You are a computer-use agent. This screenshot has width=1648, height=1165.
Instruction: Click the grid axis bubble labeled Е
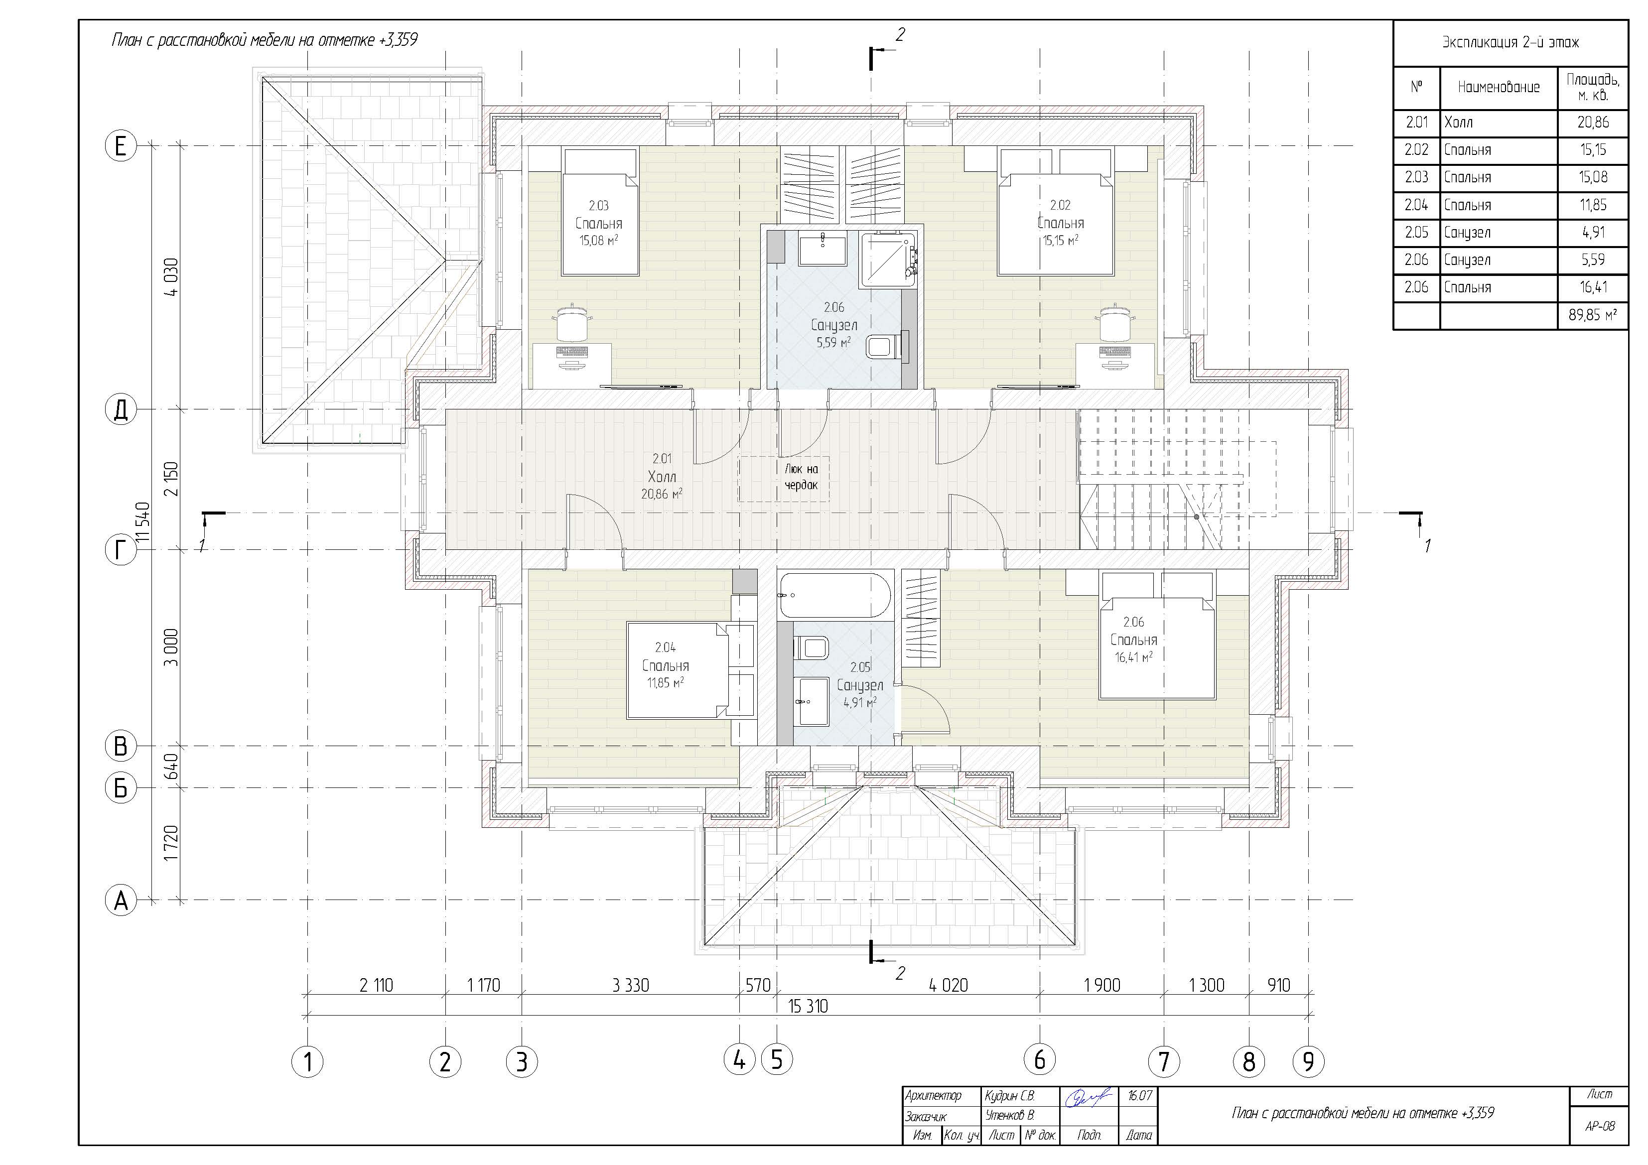click(121, 146)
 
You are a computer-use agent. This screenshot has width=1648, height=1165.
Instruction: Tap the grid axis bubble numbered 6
click(1039, 1059)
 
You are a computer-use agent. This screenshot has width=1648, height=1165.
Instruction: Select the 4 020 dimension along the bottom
click(948, 985)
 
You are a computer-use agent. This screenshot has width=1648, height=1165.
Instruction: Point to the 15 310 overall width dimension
click(808, 1007)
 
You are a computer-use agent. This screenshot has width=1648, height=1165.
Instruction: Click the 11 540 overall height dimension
click(143, 525)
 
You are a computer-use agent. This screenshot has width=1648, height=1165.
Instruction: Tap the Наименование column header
click(1499, 88)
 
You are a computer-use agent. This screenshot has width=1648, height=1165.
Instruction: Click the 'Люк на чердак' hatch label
click(801, 477)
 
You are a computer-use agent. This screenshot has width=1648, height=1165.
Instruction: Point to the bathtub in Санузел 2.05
click(835, 595)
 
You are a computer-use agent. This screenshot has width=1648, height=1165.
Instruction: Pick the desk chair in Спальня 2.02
click(1112, 322)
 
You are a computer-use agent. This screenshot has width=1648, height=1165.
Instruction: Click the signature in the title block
click(1088, 1098)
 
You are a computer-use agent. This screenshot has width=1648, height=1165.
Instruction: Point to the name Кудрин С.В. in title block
click(1010, 1097)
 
